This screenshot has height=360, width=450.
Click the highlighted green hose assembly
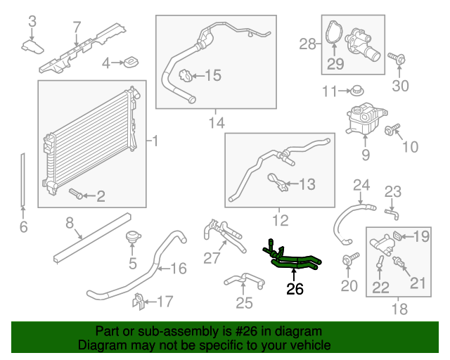295,262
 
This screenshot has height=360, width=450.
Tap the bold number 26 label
295,288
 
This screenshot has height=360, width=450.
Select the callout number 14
217,123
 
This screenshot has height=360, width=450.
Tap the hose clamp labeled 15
185,76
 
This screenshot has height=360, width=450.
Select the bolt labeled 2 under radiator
75,192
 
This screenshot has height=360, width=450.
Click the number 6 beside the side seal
23,226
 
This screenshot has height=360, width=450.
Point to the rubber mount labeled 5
131,239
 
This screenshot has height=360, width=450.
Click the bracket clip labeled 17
139,302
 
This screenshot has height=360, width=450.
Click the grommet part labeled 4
129,64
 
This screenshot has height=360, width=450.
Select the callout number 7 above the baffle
77,28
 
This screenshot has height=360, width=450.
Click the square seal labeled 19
399,236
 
